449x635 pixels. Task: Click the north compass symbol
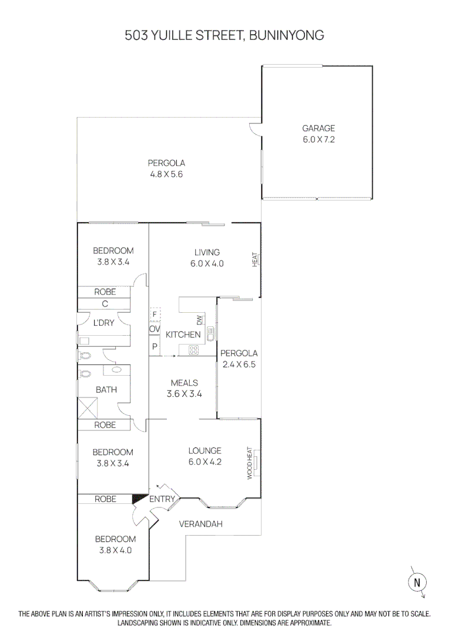tap(417, 581)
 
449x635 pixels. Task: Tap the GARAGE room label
tap(319, 128)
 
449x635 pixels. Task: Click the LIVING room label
tap(207, 253)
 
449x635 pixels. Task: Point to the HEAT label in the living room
tap(255, 259)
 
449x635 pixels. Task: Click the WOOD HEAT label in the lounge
tap(250, 463)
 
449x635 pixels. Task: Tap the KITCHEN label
tap(183, 335)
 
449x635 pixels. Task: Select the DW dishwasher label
tap(199, 320)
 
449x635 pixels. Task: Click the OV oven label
tap(155, 329)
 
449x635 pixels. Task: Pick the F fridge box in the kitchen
tap(155, 314)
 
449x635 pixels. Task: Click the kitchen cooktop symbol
tap(194, 350)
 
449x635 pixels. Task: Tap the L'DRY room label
tap(104, 323)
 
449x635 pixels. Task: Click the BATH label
tap(106, 389)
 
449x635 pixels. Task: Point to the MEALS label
tap(184, 383)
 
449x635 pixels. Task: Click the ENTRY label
tap(162, 500)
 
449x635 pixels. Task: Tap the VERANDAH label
tap(200, 524)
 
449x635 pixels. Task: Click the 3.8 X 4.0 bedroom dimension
tap(115, 550)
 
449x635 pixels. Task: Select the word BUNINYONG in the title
tap(287, 36)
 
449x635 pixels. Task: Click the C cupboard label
tap(105, 304)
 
